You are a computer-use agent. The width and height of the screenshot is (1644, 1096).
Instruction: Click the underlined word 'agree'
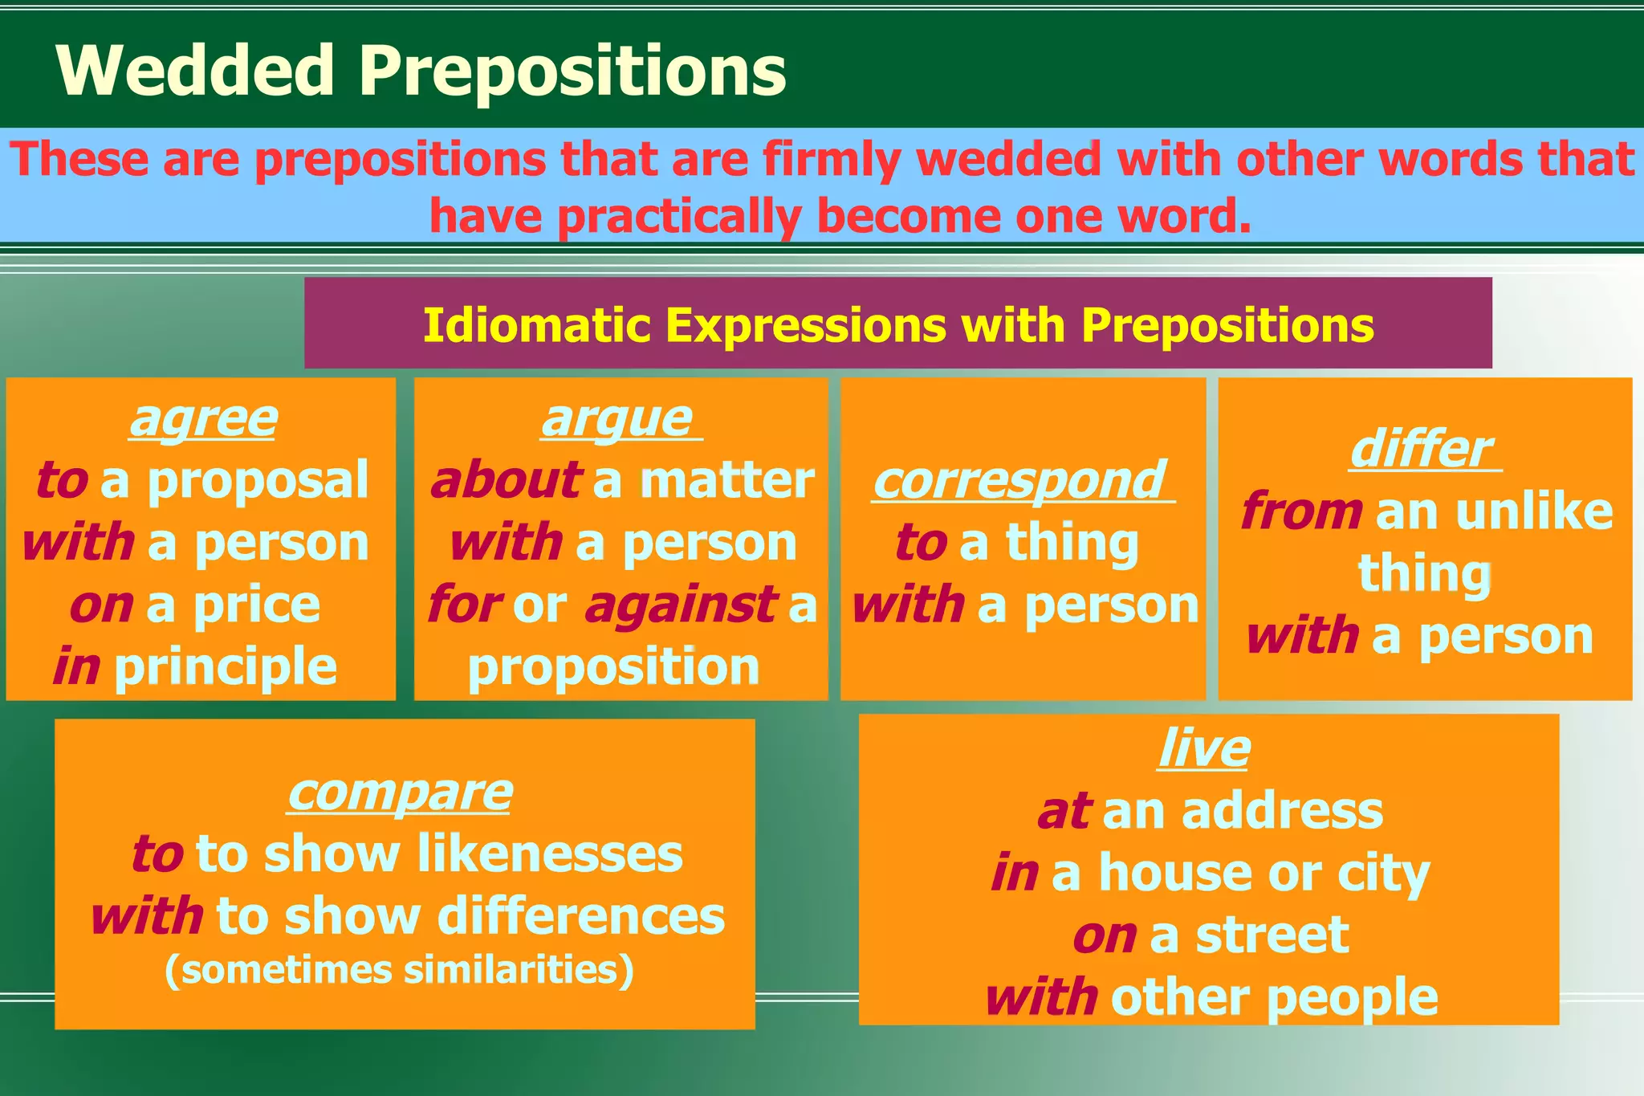point(204,419)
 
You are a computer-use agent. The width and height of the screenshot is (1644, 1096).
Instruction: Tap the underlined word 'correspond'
point(1019,481)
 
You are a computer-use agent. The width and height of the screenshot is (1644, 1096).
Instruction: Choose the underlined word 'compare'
point(400,793)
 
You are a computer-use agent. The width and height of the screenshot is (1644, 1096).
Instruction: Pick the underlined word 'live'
point(1204,750)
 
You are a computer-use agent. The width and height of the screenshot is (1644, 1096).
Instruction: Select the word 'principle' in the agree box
point(226,667)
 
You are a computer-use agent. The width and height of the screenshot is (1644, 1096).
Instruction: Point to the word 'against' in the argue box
point(681,605)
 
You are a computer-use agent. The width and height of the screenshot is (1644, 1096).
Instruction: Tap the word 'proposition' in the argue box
point(614,667)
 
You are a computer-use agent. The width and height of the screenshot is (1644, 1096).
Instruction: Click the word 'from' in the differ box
point(1301,511)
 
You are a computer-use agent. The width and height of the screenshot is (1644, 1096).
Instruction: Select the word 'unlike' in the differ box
point(1534,511)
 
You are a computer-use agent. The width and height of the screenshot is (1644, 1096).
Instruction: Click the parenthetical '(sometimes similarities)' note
point(400,970)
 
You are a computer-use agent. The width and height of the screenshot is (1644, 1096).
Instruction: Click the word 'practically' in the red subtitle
point(679,216)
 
